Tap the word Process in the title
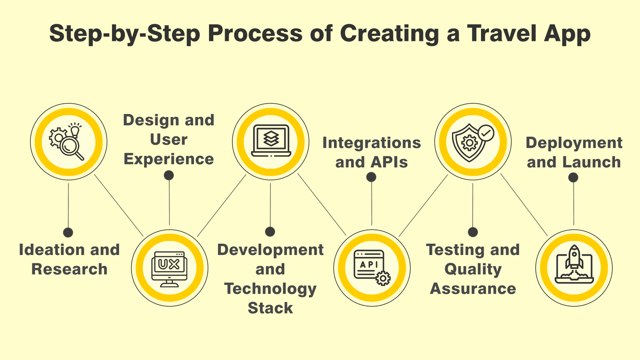coord(255,33)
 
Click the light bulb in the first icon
coord(75,130)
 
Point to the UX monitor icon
coord(169,268)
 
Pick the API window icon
coord(369,265)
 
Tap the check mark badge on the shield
coord(486,133)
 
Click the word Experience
coord(169,159)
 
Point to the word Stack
coord(270,308)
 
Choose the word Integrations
coord(372,143)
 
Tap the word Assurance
coord(473,288)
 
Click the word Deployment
coord(574,143)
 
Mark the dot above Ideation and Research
coord(68,232)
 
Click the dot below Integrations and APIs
coord(371,177)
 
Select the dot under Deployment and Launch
coord(573,177)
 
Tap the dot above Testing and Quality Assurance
coord(473,232)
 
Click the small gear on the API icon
coord(383,278)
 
